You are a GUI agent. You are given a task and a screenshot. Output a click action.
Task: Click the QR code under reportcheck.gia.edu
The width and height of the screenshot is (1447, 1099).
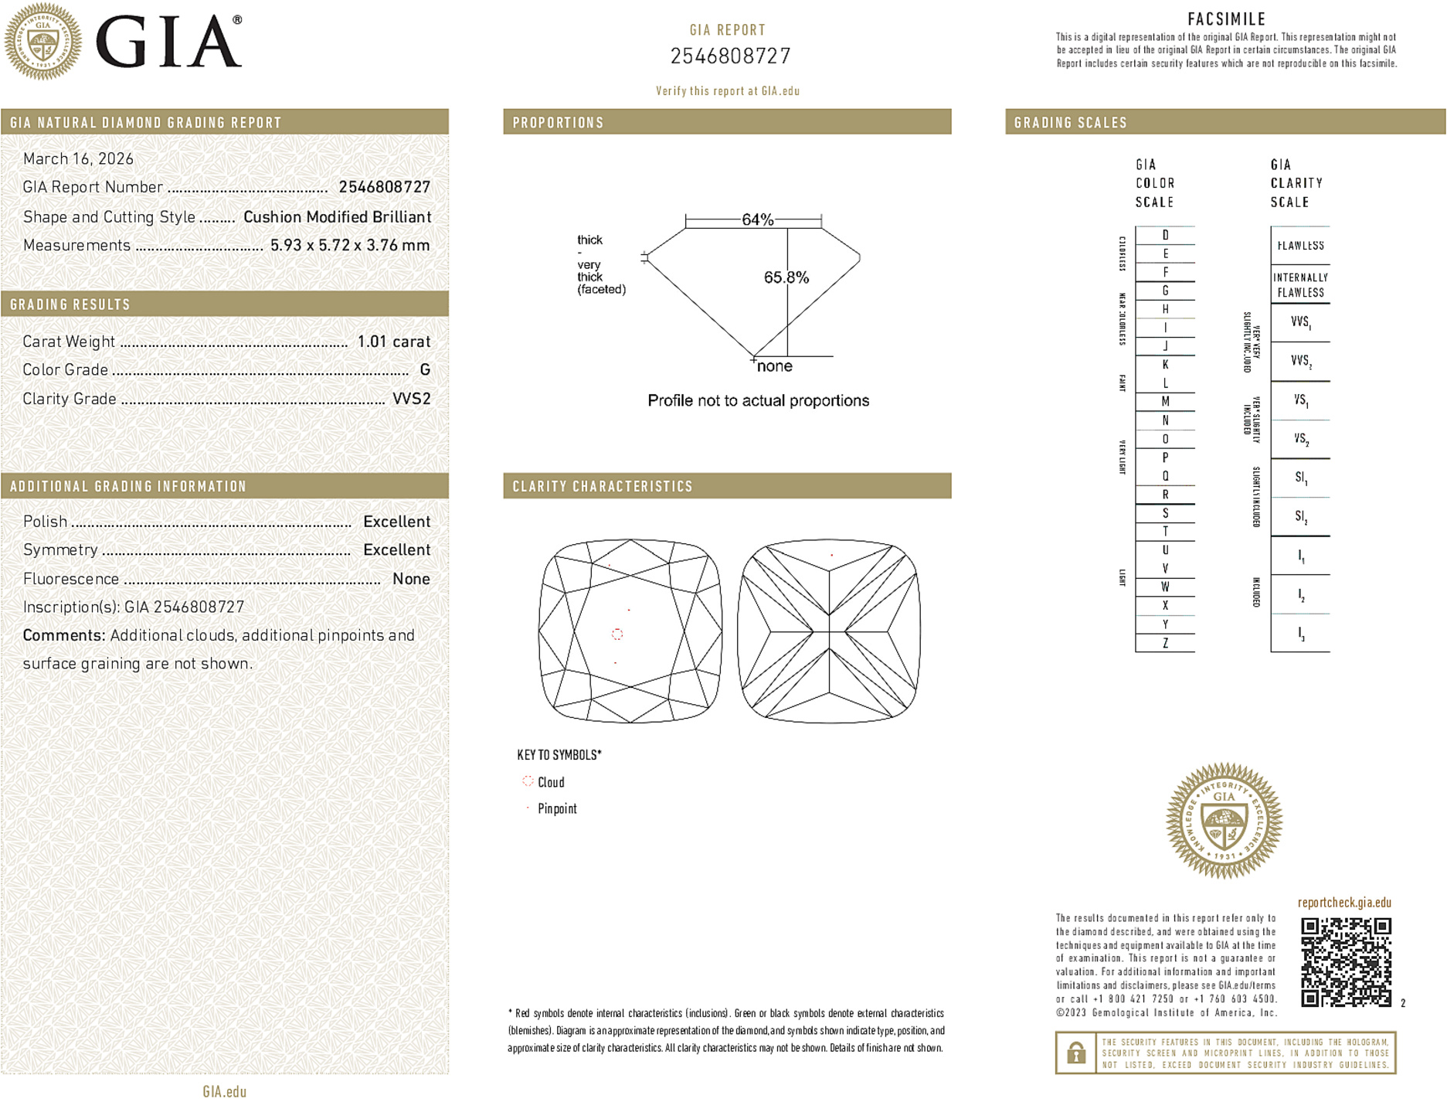click(x=1346, y=961)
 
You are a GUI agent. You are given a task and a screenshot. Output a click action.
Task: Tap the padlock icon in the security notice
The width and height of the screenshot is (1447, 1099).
click(x=1075, y=1053)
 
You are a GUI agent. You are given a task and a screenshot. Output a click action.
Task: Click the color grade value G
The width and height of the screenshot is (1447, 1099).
click(x=425, y=370)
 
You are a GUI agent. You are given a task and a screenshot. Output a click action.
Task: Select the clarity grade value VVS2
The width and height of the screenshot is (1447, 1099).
click(x=411, y=399)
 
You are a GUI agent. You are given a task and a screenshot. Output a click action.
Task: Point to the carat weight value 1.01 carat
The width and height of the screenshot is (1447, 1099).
click(x=393, y=342)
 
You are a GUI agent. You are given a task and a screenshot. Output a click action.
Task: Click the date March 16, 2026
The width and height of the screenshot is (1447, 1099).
click(x=78, y=158)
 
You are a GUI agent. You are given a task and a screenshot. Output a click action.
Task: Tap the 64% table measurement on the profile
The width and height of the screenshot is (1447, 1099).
click(x=757, y=219)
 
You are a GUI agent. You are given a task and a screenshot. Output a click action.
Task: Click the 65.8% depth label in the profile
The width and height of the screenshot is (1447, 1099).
click(x=786, y=277)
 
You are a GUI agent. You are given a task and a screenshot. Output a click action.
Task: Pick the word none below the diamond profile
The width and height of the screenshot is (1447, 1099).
click(x=775, y=366)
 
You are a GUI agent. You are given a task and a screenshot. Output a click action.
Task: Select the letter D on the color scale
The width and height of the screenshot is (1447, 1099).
click(x=1165, y=235)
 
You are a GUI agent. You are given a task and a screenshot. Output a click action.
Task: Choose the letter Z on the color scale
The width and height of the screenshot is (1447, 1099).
click(x=1165, y=643)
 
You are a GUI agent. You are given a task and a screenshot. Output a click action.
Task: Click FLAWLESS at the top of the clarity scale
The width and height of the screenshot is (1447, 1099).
click(x=1300, y=246)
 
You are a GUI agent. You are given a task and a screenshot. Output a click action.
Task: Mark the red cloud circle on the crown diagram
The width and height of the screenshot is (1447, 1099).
click(x=617, y=634)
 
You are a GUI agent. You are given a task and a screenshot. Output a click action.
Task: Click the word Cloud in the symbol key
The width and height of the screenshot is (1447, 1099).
click(x=551, y=782)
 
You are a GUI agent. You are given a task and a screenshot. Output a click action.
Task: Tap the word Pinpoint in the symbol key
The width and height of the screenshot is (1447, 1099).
click(x=557, y=808)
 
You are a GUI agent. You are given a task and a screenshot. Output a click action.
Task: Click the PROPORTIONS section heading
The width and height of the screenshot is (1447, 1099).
click(x=558, y=123)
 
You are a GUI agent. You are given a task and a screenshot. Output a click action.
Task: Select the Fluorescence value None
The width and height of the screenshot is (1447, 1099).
click(x=411, y=579)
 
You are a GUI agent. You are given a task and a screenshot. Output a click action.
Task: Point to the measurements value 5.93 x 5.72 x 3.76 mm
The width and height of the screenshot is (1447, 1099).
click(x=349, y=245)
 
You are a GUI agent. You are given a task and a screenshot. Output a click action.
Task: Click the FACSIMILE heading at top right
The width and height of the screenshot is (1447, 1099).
click(x=1226, y=19)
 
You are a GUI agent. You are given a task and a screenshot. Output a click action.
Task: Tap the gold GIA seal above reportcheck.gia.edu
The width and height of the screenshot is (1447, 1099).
click(x=1224, y=821)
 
